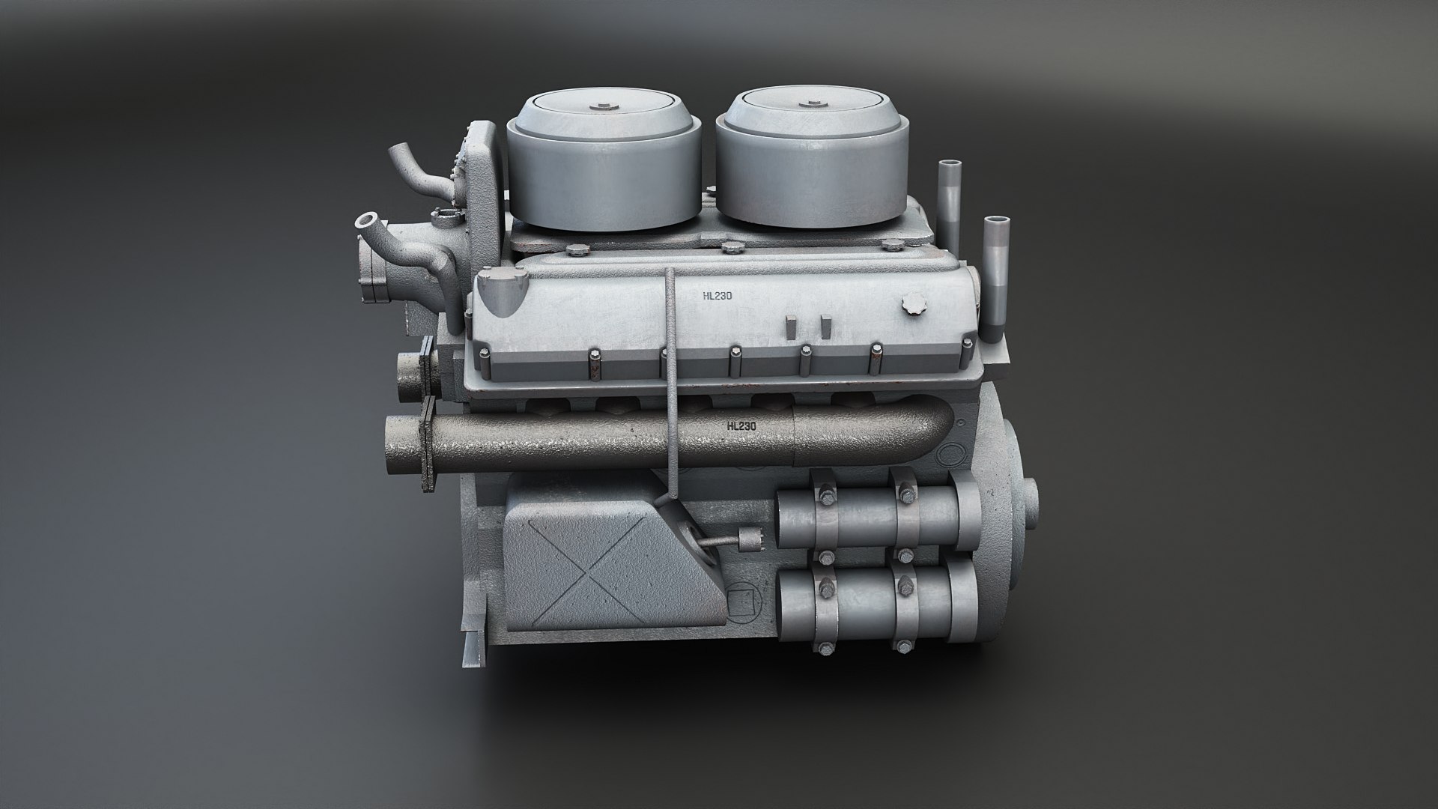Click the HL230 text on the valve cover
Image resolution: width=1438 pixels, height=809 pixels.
click(x=717, y=296)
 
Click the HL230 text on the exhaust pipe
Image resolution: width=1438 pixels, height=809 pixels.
click(x=741, y=426)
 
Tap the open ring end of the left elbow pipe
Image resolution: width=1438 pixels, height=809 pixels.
click(x=366, y=222)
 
